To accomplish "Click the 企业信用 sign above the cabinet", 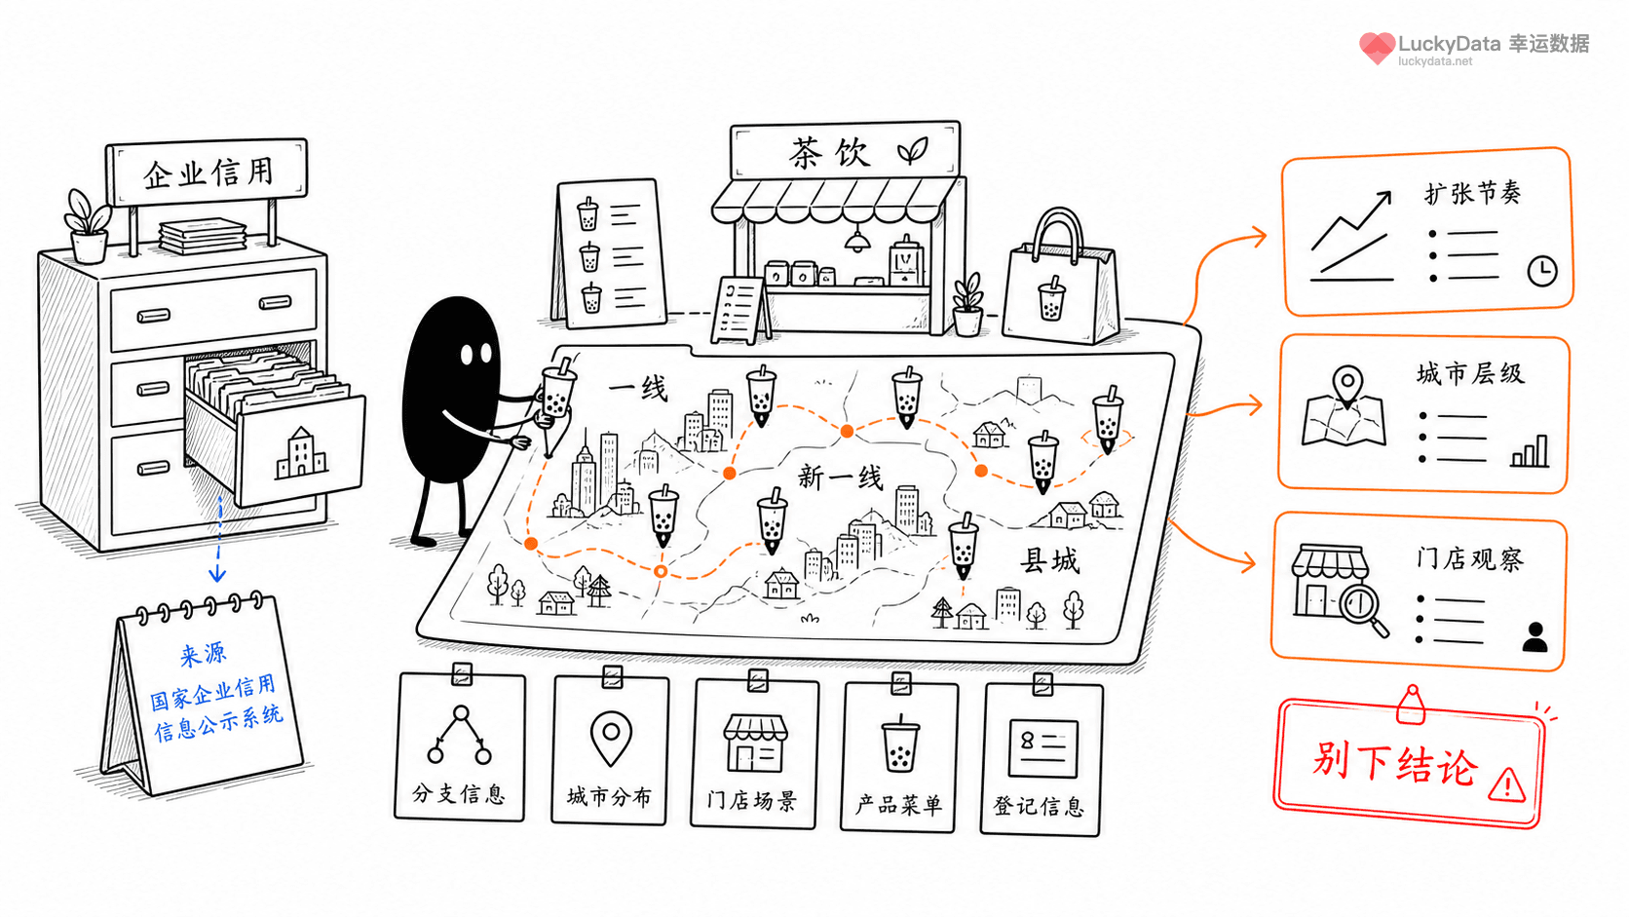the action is (x=207, y=172).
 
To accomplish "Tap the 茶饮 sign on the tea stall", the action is (x=846, y=150).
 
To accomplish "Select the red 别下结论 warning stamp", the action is (x=1410, y=764).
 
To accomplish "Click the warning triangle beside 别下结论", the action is (x=1507, y=784).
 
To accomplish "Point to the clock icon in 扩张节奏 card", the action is (x=1541, y=271).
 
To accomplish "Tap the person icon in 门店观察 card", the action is (x=1534, y=637).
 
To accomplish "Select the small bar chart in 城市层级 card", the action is (x=1530, y=451).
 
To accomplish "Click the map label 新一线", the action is (x=840, y=478).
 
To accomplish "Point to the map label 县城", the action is (x=1049, y=560).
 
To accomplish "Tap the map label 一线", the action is (x=638, y=389).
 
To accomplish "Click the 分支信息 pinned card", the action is (x=460, y=746).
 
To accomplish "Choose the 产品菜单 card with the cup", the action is (x=899, y=756).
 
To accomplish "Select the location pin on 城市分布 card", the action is (x=611, y=737).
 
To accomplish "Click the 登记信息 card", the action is (x=1042, y=759).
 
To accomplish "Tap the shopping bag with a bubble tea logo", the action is (x=1059, y=280).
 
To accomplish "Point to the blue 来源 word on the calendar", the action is (x=203, y=655).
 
